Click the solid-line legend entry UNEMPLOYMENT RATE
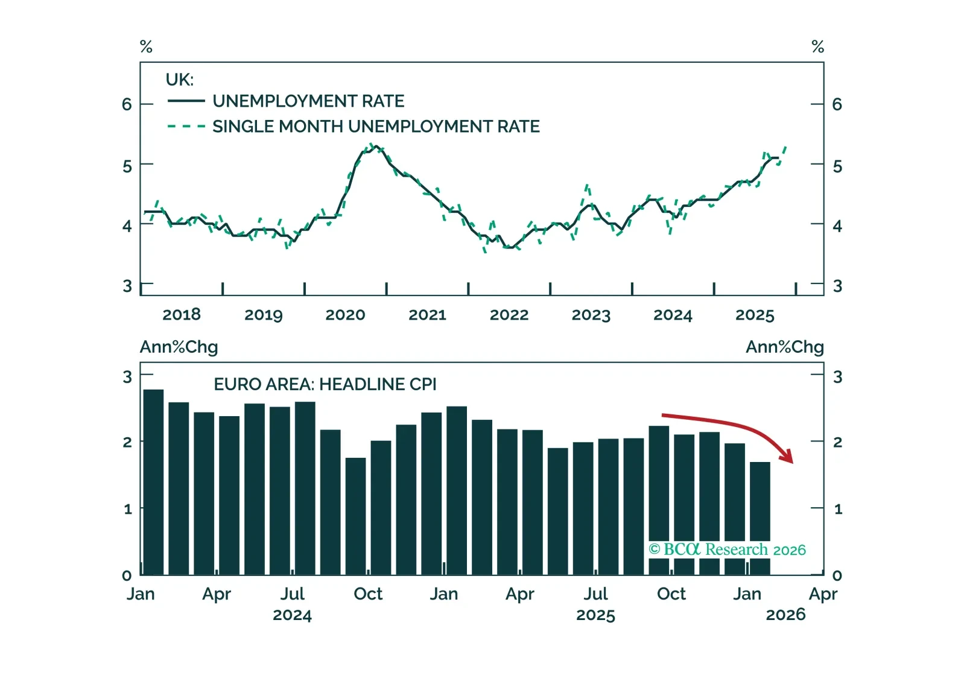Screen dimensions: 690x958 pyautogui.click(x=308, y=101)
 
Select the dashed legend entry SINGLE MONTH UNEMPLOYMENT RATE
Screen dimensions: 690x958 pyautogui.click(x=376, y=127)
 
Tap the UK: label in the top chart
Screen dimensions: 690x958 pyautogui.click(x=179, y=80)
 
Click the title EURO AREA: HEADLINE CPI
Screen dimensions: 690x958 pyautogui.click(x=325, y=384)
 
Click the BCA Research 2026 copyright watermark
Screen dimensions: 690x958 pyautogui.click(x=727, y=549)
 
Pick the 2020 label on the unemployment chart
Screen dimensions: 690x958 pyautogui.click(x=345, y=315)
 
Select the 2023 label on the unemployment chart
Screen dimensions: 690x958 pyautogui.click(x=591, y=315)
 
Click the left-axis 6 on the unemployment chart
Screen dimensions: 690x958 pyautogui.click(x=127, y=104)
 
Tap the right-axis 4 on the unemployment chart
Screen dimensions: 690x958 pyautogui.click(x=837, y=226)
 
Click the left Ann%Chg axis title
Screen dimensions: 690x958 pyautogui.click(x=179, y=347)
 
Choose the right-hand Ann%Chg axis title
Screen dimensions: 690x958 pyautogui.click(x=784, y=347)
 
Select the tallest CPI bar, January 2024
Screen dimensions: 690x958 pyautogui.click(x=153, y=482)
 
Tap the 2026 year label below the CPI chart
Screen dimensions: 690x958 pyautogui.click(x=785, y=615)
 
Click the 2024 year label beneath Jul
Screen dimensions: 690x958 pyautogui.click(x=292, y=615)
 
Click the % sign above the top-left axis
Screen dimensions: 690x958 pyautogui.click(x=146, y=46)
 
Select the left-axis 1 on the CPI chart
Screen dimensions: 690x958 pyautogui.click(x=127, y=509)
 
